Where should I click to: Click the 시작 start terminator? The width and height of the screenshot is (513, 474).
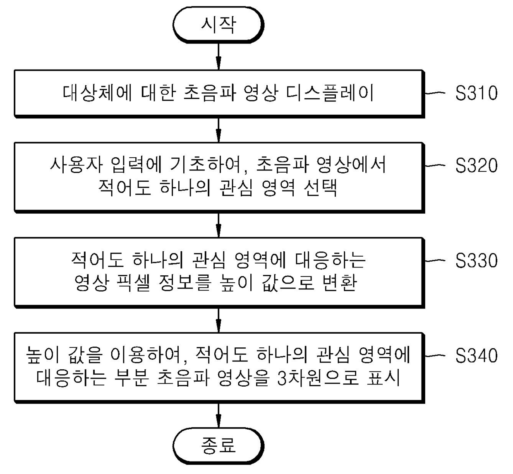click(218, 25)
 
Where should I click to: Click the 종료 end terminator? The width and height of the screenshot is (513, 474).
click(218, 445)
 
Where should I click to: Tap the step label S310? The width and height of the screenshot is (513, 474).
click(476, 93)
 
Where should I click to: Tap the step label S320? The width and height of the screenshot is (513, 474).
click(476, 166)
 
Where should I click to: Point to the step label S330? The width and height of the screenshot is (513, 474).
click(476, 261)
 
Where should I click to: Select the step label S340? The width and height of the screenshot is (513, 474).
click(476, 356)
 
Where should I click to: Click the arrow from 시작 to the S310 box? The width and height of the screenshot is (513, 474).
click(218, 56)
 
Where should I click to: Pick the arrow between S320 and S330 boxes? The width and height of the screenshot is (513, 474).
click(218, 225)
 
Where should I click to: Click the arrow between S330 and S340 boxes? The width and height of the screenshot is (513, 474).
click(218, 320)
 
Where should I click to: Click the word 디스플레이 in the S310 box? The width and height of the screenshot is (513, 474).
click(330, 93)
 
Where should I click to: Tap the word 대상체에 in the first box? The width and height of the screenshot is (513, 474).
click(97, 93)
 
